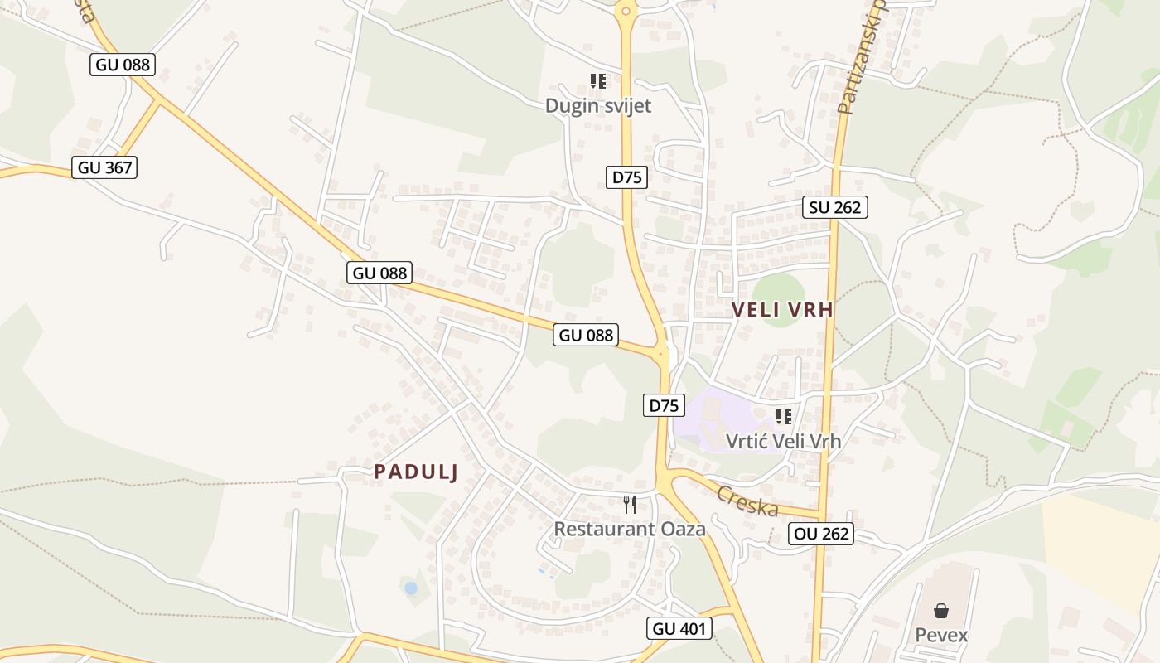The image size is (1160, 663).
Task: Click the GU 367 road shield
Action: click(104, 167)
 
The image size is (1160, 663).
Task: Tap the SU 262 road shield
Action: click(834, 207)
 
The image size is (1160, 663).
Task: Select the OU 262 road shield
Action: click(821, 534)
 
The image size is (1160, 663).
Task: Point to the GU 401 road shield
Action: click(679, 628)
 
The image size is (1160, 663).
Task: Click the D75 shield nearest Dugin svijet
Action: click(626, 177)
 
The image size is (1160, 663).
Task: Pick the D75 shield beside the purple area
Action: click(664, 405)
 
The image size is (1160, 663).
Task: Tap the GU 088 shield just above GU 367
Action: click(123, 65)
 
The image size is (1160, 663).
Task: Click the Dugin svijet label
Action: click(597, 106)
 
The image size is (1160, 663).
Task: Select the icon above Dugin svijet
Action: click(598, 81)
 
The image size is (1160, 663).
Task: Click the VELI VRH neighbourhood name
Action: click(782, 310)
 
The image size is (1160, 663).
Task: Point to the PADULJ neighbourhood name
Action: click(416, 472)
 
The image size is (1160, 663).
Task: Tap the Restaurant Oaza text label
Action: click(629, 529)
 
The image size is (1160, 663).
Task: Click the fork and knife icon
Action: click(630, 504)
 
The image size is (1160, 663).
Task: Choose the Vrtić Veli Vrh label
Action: click(783, 441)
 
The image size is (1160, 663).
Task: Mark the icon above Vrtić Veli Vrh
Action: click(784, 416)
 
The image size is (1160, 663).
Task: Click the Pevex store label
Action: click(941, 636)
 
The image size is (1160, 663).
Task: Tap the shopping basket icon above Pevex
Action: click(941, 612)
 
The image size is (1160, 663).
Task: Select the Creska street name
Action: click(747, 501)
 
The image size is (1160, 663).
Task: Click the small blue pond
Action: click(411, 588)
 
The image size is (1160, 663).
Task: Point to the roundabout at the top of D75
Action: click(626, 11)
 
